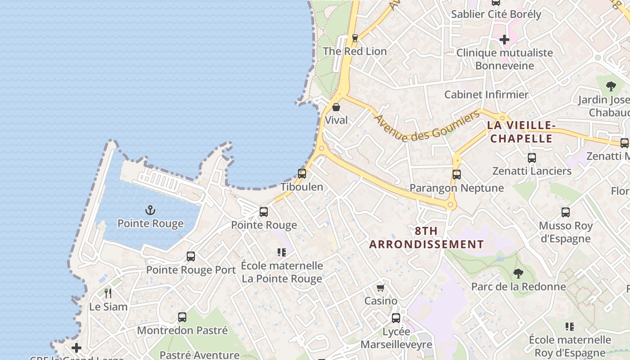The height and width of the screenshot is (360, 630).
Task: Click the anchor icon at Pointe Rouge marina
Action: [150, 210]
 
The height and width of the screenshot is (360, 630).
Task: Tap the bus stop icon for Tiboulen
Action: [302, 173]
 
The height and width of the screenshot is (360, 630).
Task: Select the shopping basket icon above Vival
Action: [336, 107]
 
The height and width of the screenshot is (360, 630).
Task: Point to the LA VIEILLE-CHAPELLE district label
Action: [521, 132]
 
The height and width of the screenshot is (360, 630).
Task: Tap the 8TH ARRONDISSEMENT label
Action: [427, 238]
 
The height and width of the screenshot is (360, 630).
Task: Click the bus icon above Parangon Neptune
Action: [457, 175]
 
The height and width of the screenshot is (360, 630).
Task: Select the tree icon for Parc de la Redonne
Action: [518, 273]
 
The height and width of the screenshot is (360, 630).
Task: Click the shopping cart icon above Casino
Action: [381, 288]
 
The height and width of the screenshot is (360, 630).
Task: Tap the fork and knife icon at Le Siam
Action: [108, 293]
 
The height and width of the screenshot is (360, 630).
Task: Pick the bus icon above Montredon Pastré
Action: [182, 317]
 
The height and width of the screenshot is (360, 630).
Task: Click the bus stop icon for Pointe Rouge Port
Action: [191, 256]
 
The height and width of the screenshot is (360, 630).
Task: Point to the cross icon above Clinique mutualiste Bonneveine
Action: [504, 40]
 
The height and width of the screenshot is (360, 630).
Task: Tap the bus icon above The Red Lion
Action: [355, 38]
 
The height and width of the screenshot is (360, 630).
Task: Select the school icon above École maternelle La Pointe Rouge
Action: [282, 252]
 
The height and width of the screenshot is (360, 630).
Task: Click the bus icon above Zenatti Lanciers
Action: [532, 158]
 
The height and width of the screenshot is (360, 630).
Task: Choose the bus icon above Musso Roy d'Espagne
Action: [566, 212]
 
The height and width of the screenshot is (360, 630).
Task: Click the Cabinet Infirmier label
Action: [486, 94]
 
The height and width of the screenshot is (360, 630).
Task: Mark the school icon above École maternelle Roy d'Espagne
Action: [570, 327]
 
